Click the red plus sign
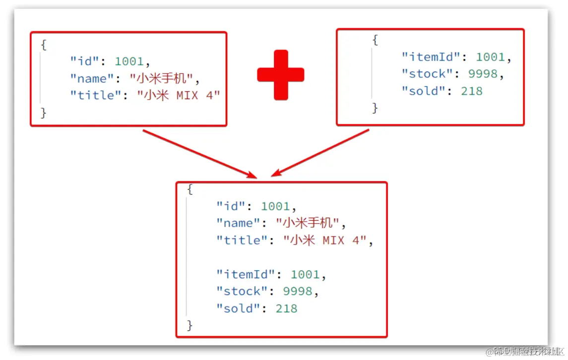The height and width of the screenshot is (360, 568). click(x=280, y=75)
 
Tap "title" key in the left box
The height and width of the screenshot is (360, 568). click(x=99, y=95)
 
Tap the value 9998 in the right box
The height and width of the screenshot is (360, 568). click(x=483, y=74)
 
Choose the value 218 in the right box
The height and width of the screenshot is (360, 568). click(x=471, y=91)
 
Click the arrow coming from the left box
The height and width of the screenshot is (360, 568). click(x=198, y=153)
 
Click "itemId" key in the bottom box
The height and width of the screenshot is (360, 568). click(x=245, y=274)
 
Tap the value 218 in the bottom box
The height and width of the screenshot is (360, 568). click(x=286, y=308)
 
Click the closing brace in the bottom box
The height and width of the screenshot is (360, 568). click(x=189, y=325)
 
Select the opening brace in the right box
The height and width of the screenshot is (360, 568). click(x=375, y=40)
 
